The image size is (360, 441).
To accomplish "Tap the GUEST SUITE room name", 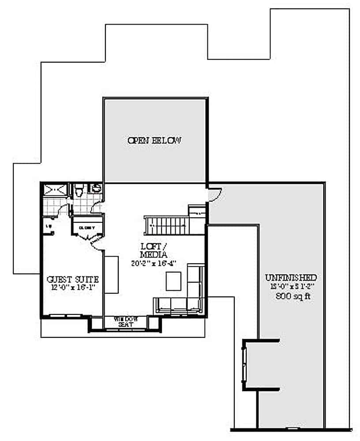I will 72,279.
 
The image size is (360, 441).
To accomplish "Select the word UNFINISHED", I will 291,278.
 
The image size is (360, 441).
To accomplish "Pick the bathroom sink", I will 96,189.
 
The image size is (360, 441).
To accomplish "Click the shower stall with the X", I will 56,190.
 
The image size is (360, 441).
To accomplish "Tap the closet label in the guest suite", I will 87,228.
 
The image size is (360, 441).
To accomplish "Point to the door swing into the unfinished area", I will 215,194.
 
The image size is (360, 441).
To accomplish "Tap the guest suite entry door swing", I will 96,242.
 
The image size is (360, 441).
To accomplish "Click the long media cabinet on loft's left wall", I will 111,274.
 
